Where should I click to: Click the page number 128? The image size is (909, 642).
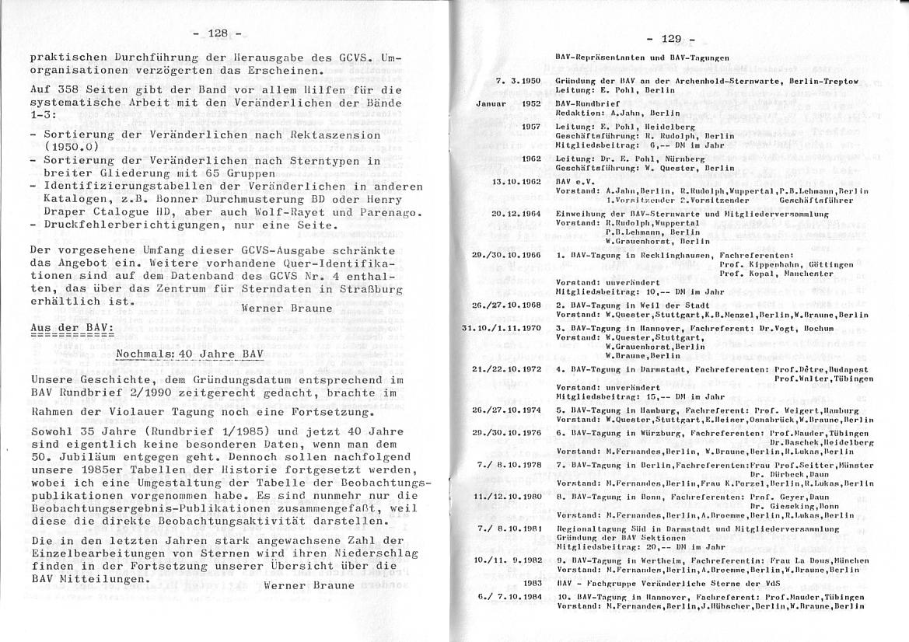point(217,33)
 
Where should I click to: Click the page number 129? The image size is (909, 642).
point(671,38)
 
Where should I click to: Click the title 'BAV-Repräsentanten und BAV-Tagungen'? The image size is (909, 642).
point(642,58)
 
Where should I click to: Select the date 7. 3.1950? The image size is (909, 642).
point(518,81)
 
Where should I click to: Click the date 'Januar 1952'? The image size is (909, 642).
point(509,103)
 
